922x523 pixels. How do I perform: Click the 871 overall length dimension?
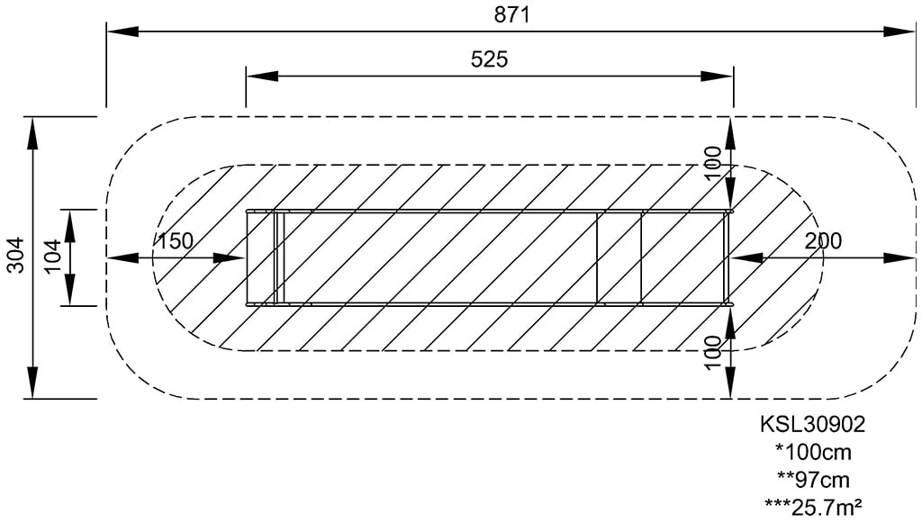[511, 14]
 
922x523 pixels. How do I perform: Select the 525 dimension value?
[489, 59]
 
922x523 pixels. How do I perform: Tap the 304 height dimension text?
[17, 255]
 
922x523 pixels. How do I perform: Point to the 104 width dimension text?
[52, 257]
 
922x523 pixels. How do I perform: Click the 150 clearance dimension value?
[176, 241]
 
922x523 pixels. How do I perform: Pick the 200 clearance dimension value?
[823, 241]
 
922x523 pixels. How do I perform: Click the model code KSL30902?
[813, 424]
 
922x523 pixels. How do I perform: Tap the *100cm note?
[813, 452]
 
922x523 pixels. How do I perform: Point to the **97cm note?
[813, 480]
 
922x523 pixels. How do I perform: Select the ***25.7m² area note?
[813, 507]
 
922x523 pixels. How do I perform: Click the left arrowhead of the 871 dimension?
[122, 32]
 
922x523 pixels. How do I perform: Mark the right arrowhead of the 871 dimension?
[900, 32]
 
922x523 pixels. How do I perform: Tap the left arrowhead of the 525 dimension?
[262, 76]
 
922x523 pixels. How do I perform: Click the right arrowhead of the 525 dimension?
[718, 76]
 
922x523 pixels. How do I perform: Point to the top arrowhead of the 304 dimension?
[33, 133]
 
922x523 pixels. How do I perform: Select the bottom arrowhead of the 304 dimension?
[33, 383]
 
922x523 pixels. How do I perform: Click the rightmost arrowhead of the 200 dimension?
[900, 258]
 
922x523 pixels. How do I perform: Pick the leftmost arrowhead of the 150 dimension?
[122, 258]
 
